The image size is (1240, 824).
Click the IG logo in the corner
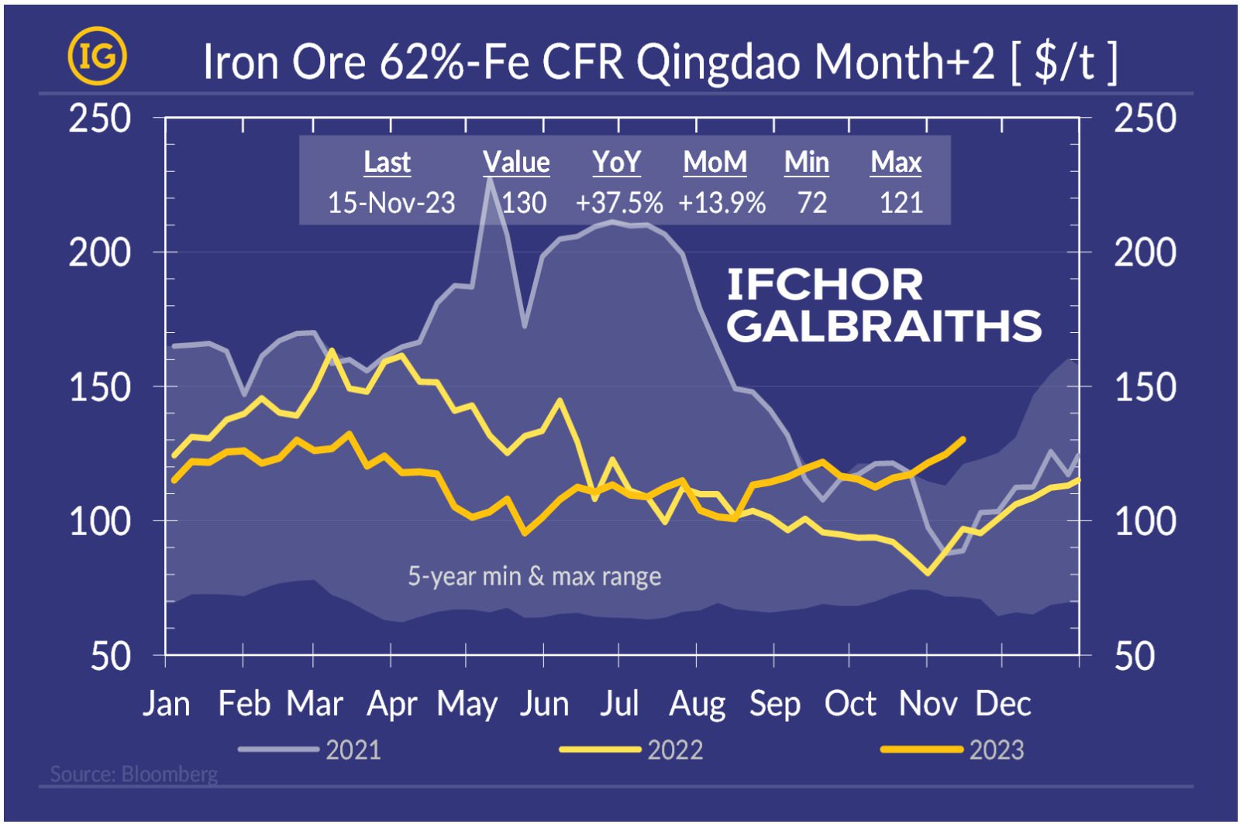[x=97, y=57]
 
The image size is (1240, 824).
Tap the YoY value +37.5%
[x=618, y=203]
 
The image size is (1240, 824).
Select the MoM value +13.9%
[x=722, y=203]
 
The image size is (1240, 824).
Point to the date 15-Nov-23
[x=391, y=203]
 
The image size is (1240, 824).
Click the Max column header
[x=896, y=163]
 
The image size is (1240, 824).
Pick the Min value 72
[x=812, y=203]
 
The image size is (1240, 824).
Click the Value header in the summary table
[x=516, y=163]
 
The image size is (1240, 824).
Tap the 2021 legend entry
[x=353, y=750]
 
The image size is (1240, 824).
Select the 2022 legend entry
[x=674, y=750]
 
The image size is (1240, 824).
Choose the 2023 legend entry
[x=996, y=750]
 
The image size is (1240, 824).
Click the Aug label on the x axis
[x=697, y=704]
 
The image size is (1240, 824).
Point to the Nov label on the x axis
[x=928, y=704]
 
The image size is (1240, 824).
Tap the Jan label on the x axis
[x=167, y=704]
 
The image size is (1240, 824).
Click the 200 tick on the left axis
[x=100, y=252]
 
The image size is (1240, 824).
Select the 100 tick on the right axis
[x=1145, y=521]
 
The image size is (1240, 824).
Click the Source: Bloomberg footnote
[x=133, y=774]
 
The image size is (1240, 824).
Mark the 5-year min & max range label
[x=534, y=576]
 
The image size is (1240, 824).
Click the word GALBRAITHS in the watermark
[x=883, y=326]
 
